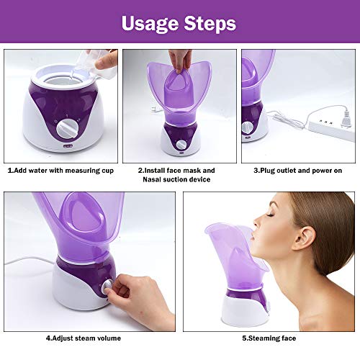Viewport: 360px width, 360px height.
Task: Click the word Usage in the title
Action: point(150,23)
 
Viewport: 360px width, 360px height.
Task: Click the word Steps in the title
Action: point(208,23)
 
